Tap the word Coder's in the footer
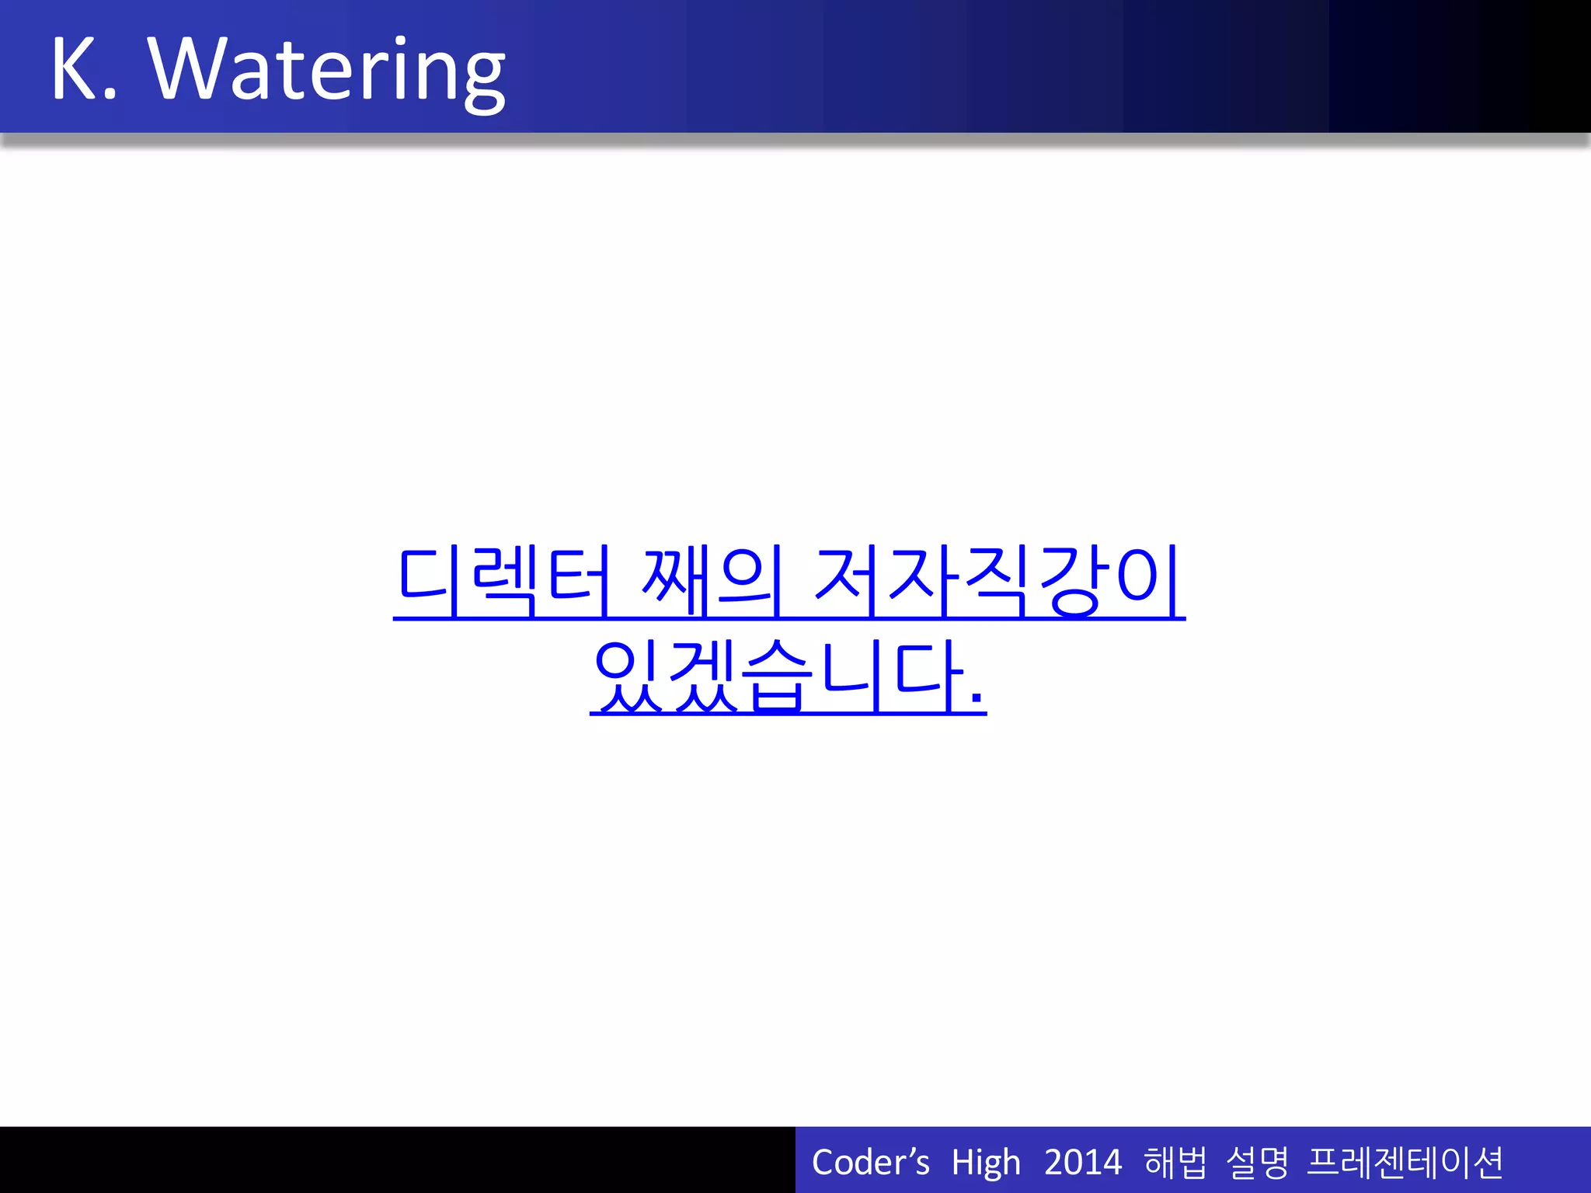[x=870, y=1163]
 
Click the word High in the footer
[x=985, y=1163]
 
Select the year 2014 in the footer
[x=1082, y=1163]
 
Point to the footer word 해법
[x=1175, y=1163]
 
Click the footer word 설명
[x=1257, y=1163]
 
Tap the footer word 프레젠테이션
[x=1405, y=1163]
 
